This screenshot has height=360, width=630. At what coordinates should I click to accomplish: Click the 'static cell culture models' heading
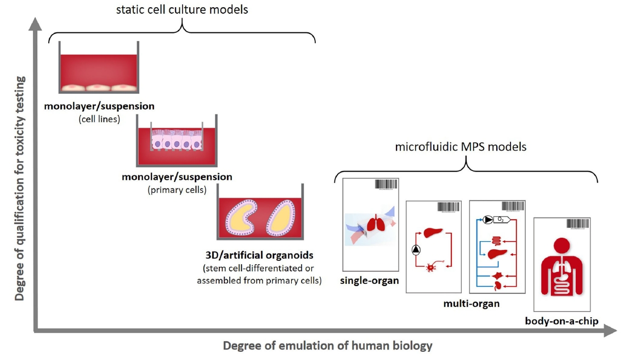pos(181,9)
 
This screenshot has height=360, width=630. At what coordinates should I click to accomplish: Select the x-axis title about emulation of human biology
pos(327,346)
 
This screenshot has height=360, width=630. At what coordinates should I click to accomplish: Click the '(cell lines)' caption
pos(99,117)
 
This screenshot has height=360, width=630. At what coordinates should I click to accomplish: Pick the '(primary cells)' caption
pos(177,190)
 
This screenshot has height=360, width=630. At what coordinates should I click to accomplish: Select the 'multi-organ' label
pos(471,302)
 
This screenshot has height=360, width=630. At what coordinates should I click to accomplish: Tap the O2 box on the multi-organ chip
pos(501,220)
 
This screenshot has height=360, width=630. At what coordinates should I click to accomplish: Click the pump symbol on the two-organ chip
pos(416,250)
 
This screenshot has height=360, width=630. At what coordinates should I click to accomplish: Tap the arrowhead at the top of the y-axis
pos(36,23)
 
